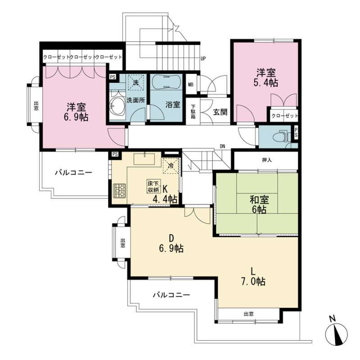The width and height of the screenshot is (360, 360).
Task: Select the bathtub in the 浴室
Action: [166, 81]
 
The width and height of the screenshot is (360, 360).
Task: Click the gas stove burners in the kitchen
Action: [120, 190]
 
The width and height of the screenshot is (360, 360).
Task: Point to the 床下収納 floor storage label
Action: [153, 186]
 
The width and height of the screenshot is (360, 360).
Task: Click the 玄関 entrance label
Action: [220, 112]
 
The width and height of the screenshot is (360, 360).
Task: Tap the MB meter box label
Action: [190, 85]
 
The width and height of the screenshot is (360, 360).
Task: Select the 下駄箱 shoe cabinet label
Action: [193, 112]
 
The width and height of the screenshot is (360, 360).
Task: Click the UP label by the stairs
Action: [203, 58]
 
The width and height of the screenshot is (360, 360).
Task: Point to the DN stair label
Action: [222, 146]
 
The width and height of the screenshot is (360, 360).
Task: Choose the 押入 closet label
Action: [267, 160]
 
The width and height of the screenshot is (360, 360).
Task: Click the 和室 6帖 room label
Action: [259, 205]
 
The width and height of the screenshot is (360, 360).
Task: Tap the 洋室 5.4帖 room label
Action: [266, 77]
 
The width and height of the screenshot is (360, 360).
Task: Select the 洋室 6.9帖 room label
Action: [76, 112]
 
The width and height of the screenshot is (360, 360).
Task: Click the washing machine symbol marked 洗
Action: [136, 82]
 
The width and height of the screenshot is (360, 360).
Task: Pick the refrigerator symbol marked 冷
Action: [171, 166]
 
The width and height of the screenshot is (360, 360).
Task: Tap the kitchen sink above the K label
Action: [144, 159]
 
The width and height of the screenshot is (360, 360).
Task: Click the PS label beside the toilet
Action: [296, 133]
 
